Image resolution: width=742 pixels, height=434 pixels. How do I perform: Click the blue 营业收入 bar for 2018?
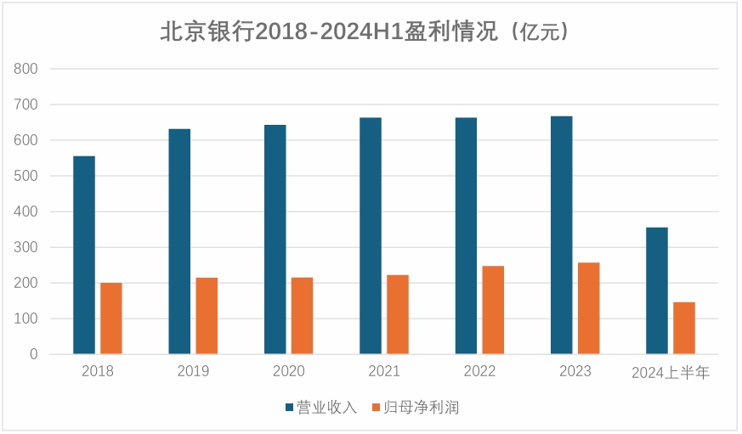[x=84, y=255]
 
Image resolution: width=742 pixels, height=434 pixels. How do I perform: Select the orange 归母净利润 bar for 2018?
[x=111, y=318]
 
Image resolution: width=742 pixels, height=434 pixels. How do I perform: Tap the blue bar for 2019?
[x=179, y=241]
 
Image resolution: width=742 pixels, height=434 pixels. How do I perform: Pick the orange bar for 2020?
[x=303, y=316]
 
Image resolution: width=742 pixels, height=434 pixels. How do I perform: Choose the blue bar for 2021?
[x=371, y=235]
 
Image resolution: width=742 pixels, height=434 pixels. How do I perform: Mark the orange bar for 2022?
[x=493, y=310]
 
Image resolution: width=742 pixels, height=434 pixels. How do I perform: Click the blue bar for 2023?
[x=561, y=234]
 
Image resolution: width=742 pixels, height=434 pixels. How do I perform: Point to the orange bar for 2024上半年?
[x=684, y=328]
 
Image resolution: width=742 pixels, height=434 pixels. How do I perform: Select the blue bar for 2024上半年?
[x=657, y=290]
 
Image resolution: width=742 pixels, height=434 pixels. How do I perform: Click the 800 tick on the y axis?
[x=26, y=69]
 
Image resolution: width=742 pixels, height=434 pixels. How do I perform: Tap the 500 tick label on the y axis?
[x=26, y=176]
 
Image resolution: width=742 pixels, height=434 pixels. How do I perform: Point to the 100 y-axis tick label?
[x=26, y=318]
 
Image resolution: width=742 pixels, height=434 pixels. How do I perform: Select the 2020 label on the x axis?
[x=288, y=372]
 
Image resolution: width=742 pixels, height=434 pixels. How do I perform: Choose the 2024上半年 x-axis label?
[x=671, y=372]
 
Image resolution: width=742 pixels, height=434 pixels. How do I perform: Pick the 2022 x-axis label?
[x=479, y=372]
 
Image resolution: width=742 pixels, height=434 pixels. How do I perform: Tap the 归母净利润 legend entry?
[x=422, y=408]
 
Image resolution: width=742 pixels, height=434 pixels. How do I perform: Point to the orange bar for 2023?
[x=588, y=308]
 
